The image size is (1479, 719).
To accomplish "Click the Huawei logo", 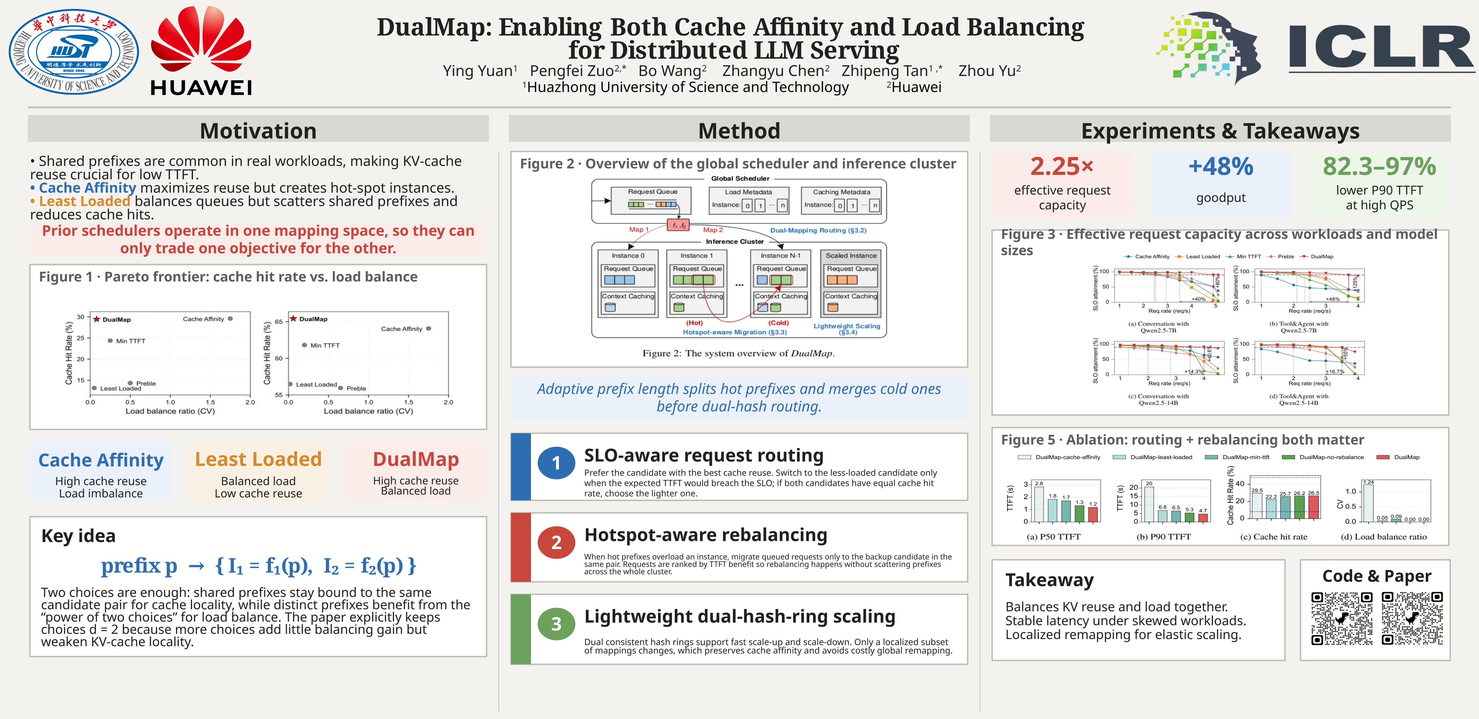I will [201, 51].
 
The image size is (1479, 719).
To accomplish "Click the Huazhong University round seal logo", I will [73, 52].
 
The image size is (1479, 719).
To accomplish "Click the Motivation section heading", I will [258, 131].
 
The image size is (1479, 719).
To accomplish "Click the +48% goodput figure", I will [1221, 167].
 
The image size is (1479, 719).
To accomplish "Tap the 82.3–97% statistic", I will [1379, 167].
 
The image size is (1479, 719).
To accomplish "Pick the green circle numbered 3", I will [556, 624].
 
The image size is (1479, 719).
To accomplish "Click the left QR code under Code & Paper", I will [1342, 619].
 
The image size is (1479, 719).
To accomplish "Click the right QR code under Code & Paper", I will [1412, 619].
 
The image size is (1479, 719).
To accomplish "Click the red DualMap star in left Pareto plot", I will [97, 319].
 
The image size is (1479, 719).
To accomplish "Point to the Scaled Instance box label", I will [851, 256].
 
